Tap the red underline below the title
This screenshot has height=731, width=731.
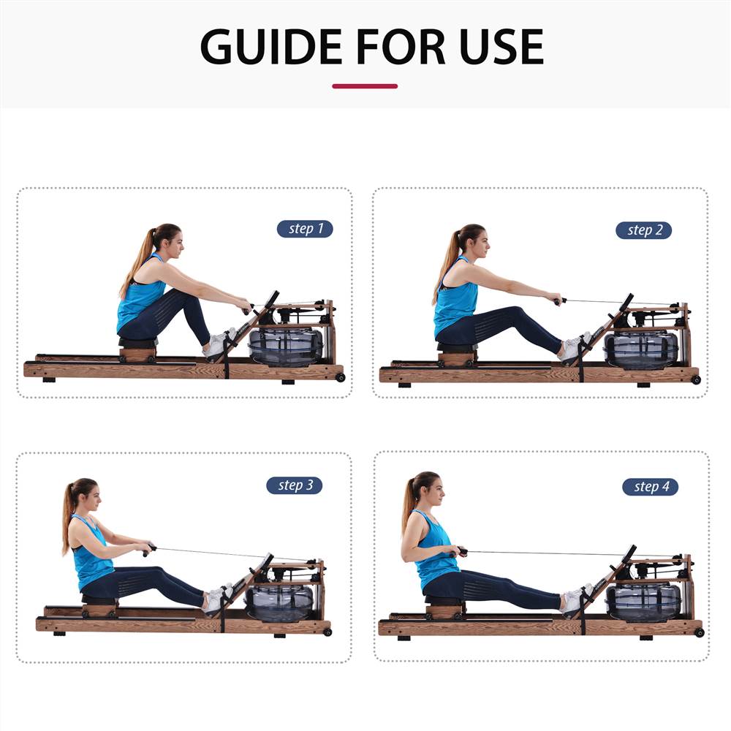pos(365,86)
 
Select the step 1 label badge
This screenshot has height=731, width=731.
pos(304,229)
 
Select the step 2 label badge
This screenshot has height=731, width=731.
pos(643,230)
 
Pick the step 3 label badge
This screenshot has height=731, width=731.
pos(294,485)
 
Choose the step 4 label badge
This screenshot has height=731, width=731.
pos(650,487)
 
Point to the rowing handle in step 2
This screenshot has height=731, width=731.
pos(559,300)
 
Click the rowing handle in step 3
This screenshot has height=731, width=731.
pos(149,548)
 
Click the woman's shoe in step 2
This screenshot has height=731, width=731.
pos(572,349)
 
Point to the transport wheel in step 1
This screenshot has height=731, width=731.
pos(340,377)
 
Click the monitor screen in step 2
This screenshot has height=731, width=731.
pos(626,303)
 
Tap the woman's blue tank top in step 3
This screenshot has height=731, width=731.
pos(91,558)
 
